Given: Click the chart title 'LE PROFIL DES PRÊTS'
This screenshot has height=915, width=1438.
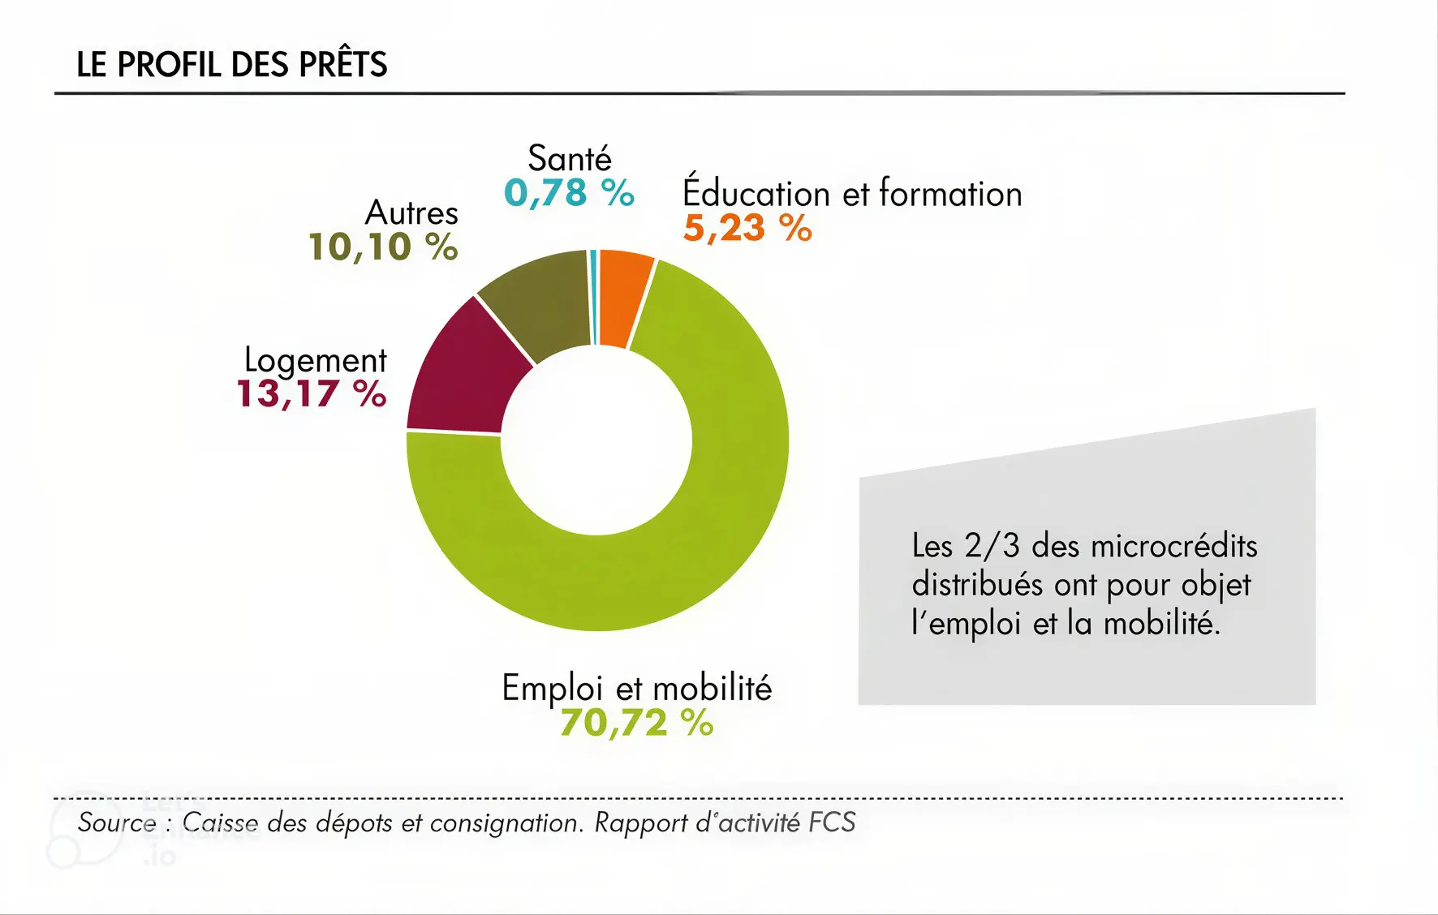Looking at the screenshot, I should (231, 65).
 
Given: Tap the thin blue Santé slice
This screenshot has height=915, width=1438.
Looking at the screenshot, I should (594, 297).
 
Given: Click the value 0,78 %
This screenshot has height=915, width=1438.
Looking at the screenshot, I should (569, 193).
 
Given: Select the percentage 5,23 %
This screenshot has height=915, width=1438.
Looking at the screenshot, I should (747, 229).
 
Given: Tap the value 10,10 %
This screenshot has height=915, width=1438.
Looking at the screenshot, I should (383, 247).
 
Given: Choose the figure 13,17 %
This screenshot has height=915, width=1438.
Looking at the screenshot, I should (311, 394).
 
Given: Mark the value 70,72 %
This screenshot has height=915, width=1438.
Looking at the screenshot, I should (636, 723).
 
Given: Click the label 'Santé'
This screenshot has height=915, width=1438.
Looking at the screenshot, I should (570, 158).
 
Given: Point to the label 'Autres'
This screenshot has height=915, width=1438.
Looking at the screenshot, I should (411, 213).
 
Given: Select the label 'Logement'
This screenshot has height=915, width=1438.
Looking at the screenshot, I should (316, 360).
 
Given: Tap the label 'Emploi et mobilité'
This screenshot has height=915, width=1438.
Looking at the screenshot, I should (636, 688).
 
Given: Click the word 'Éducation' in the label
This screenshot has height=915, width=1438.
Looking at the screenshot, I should (756, 193).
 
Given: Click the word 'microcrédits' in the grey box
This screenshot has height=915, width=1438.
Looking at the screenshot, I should (1174, 546).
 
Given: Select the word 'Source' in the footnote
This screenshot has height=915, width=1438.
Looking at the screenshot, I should (117, 823).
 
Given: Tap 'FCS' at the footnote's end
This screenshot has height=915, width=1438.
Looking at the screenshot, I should (832, 823).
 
